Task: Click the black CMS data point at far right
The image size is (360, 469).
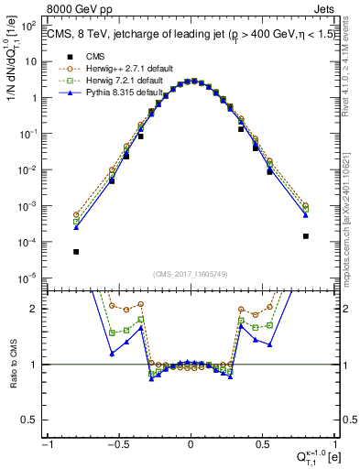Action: pyautogui.click(x=305, y=236)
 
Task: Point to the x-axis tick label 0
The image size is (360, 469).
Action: pyautogui.click(x=191, y=444)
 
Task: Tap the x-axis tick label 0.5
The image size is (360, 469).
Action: pyautogui.click(x=262, y=444)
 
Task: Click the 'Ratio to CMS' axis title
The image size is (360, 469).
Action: pyautogui.click(x=12, y=364)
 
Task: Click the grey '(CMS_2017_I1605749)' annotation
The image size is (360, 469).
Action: pyautogui.click(x=191, y=275)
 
